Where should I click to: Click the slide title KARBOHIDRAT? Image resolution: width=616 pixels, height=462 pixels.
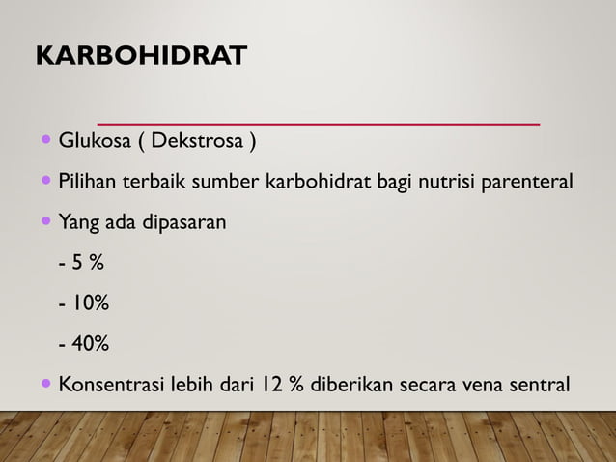coord(141,56)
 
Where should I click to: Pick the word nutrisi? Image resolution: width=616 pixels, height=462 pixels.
coord(445,181)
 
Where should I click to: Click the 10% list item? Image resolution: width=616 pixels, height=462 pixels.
coord(84,304)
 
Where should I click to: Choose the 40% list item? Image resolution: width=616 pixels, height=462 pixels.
coord(84,344)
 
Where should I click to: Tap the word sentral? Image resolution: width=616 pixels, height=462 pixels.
coord(539,386)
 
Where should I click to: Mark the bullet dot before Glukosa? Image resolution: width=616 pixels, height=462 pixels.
coord(48,143)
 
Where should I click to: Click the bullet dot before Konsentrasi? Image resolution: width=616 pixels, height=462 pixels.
coord(48,385)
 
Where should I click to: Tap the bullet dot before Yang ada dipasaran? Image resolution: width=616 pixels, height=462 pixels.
coord(48,221)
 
